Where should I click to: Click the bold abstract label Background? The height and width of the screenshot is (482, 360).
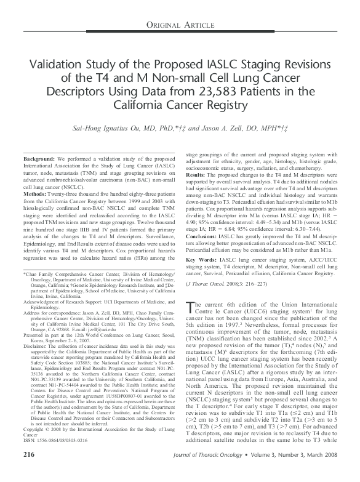[x=39, y=159]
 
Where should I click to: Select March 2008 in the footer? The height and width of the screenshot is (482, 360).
[x=319, y=471]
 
